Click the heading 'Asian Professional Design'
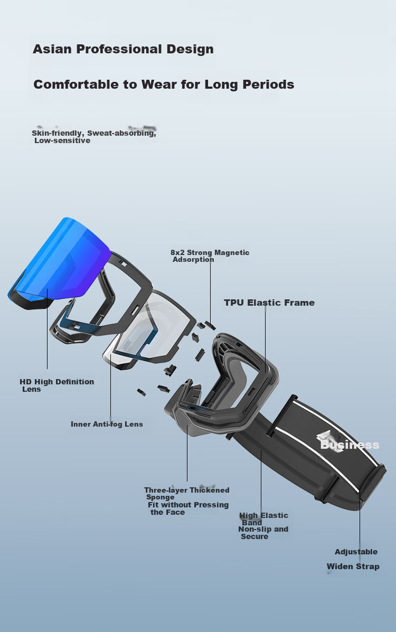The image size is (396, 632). (x=123, y=49)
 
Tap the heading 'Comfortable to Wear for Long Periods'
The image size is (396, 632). (x=164, y=84)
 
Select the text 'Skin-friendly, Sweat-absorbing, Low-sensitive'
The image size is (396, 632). (x=93, y=137)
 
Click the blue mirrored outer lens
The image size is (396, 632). (x=61, y=260)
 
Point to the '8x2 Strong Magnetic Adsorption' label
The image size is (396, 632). (x=210, y=256)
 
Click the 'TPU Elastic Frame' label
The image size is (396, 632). (x=269, y=303)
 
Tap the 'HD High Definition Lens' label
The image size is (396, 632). (x=57, y=385)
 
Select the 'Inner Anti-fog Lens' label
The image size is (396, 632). (x=107, y=424)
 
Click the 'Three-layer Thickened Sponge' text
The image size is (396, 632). (x=187, y=493)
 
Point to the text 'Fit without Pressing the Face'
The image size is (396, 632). (x=188, y=508)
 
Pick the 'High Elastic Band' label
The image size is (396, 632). (x=263, y=518)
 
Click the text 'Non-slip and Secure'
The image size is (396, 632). (x=263, y=532)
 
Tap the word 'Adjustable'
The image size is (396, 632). (x=356, y=552)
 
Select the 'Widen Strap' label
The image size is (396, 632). (x=353, y=567)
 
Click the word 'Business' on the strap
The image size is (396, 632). (x=350, y=445)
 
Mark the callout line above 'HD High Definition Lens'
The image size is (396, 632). (x=47, y=328)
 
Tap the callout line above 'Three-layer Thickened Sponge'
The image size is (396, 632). (x=187, y=453)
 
